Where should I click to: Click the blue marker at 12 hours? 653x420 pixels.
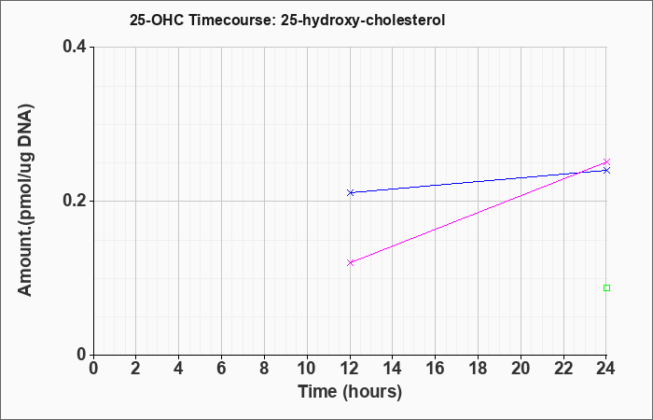click(350, 192)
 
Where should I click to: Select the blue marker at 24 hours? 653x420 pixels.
click(606, 170)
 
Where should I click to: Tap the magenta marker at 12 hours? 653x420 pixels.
click(350, 262)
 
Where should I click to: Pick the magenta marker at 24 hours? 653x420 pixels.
click(606, 161)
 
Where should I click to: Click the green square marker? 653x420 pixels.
click(606, 287)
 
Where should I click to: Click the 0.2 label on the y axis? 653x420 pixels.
click(75, 201)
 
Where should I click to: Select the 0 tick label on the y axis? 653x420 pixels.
click(82, 355)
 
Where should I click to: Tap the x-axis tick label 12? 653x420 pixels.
click(350, 369)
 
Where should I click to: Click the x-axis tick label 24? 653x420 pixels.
click(606, 369)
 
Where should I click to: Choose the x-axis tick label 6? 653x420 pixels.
click(222, 369)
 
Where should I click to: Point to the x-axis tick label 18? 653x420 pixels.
click(478, 369)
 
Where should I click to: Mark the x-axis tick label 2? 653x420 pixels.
click(136, 369)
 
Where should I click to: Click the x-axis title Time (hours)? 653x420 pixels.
click(350, 392)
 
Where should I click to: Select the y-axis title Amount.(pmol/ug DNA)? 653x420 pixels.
click(25, 201)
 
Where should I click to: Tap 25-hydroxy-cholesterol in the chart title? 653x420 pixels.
click(363, 21)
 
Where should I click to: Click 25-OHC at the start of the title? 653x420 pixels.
click(157, 20)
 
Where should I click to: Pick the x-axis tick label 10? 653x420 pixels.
click(307, 369)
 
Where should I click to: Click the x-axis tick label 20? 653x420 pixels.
click(521, 369)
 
